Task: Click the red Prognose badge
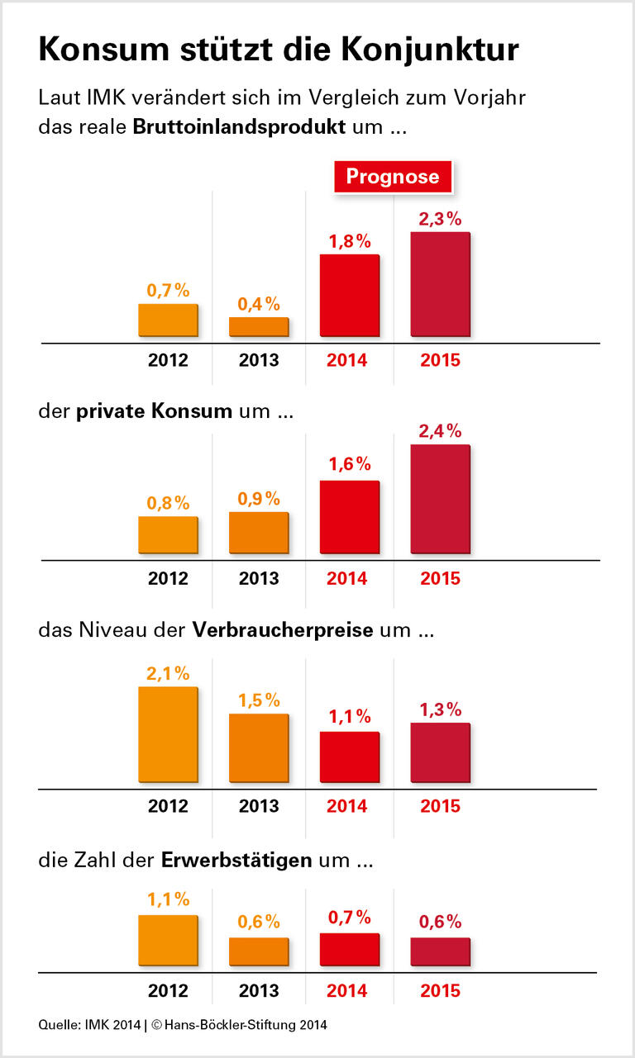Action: click(x=393, y=176)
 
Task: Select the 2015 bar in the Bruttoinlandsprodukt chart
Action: click(x=440, y=284)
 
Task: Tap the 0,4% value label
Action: click(x=259, y=304)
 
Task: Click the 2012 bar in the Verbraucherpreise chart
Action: click(x=168, y=734)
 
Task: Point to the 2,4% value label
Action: click(x=440, y=431)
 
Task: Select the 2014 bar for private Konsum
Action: click(x=349, y=517)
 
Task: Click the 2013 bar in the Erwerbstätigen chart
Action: click(x=259, y=951)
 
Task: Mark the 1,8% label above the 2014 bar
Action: click(x=350, y=241)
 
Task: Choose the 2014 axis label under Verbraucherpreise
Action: click(x=347, y=806)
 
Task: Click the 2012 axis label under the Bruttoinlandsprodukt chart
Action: click(x=168, y=361)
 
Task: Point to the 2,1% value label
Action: click(x=168, y=674)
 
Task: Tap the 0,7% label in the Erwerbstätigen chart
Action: click(x=350, y=918)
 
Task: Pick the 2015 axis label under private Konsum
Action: click(x=440, y=578)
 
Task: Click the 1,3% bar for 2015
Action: click(x=440, y=752)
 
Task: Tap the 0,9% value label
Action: click(x=259, y=499)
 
